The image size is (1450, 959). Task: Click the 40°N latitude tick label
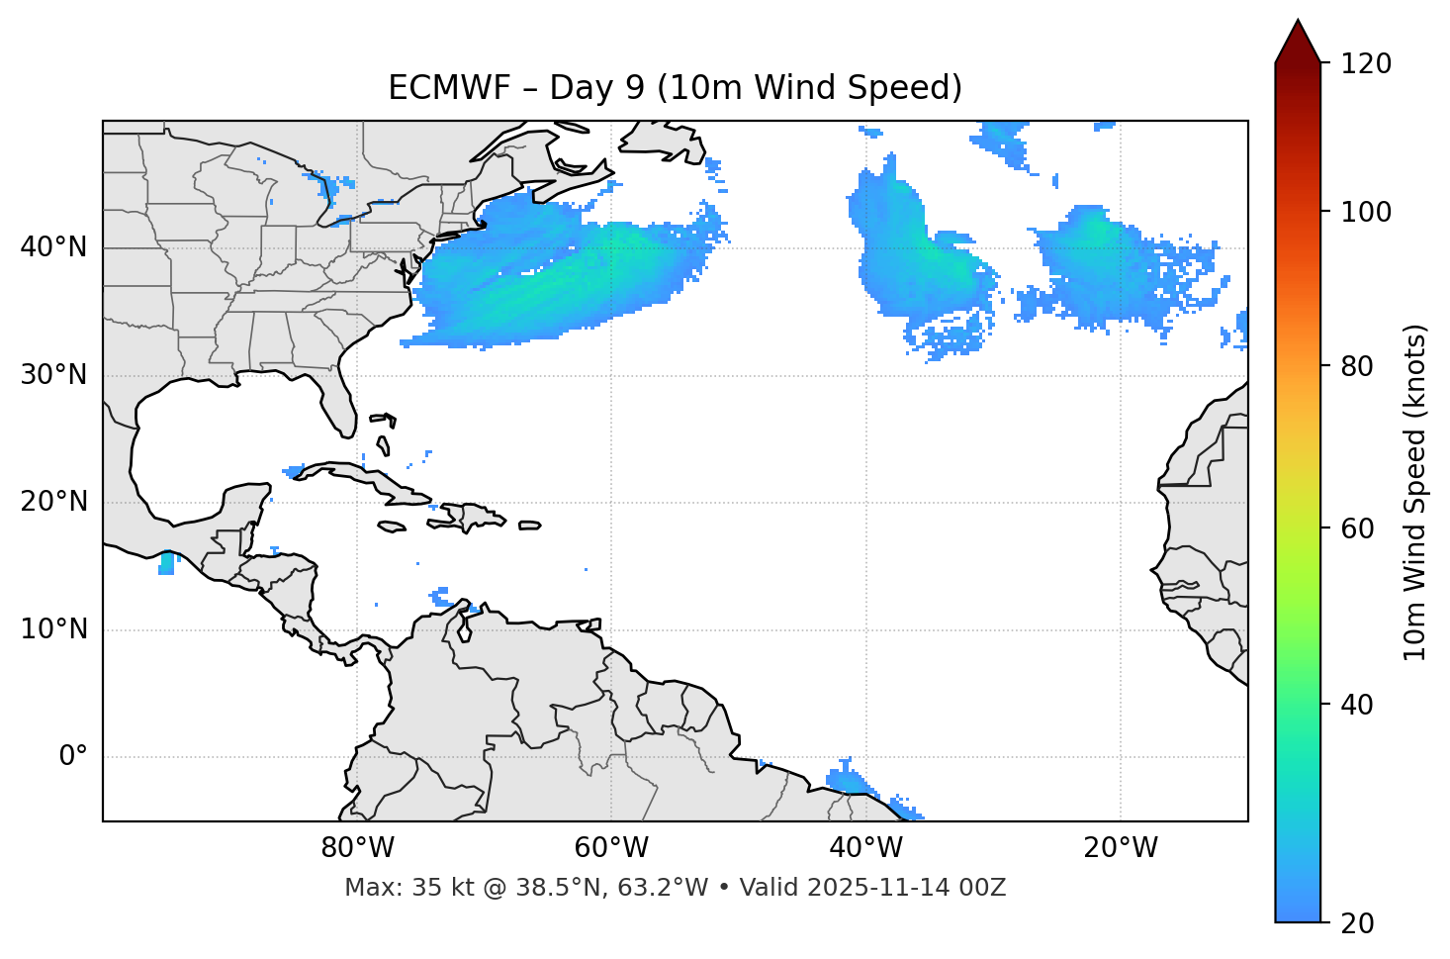tap(53, 247)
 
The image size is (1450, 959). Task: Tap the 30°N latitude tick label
tap(53, 375)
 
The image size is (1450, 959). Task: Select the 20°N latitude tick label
tap(53, 502)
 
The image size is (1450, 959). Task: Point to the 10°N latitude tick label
tap(53, 629)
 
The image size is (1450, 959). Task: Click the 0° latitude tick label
tap(73, 757)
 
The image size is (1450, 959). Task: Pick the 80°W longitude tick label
tap(357, 848)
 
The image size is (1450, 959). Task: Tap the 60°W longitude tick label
tap(611, 848)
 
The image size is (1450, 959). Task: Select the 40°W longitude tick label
tap(865, 848)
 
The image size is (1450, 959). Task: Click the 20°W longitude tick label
tap(1120, 848)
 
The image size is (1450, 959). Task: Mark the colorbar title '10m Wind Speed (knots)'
tap(1415, 493)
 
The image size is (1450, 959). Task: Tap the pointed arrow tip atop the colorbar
tap(1298, 23)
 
